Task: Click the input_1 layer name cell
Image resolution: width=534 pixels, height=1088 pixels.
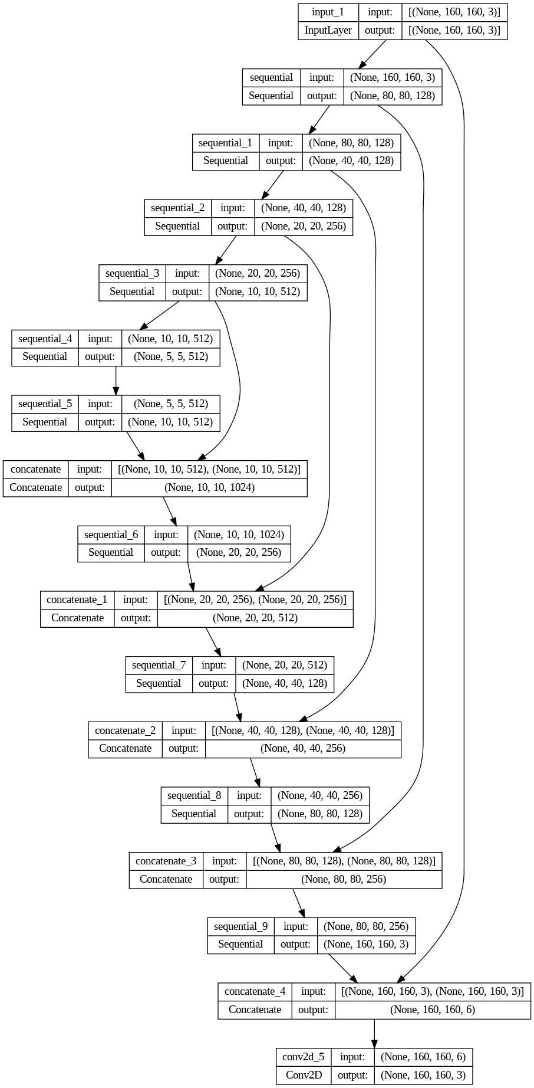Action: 328,12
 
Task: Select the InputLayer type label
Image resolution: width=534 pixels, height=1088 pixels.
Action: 328,31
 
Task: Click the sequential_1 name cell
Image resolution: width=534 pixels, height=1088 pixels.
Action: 225,143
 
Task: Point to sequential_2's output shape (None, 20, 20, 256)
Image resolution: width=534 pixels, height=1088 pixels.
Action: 304,226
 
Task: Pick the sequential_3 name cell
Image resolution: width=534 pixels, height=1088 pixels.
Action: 132,273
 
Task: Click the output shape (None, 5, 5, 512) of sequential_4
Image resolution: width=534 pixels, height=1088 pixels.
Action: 171,356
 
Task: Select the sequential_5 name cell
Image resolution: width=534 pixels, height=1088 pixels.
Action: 45,404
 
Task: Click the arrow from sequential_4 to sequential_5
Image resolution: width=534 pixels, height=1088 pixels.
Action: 116,381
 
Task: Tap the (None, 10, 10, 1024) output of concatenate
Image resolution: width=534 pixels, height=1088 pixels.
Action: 209,487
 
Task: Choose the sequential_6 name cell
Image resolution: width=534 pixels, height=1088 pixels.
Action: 111,535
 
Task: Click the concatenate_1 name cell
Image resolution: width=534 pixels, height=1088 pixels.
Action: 77,599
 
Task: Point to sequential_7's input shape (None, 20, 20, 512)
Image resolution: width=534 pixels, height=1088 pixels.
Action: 285,665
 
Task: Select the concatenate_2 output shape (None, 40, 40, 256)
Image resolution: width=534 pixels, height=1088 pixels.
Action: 303,748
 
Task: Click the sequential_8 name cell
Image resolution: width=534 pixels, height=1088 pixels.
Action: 194,795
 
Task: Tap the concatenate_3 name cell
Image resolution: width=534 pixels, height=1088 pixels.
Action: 166,861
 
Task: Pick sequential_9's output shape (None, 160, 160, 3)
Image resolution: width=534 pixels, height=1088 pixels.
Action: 366,944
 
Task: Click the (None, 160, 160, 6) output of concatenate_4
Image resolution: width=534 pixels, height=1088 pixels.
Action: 433,1010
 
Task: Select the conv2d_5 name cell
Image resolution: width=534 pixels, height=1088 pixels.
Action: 304,1057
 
